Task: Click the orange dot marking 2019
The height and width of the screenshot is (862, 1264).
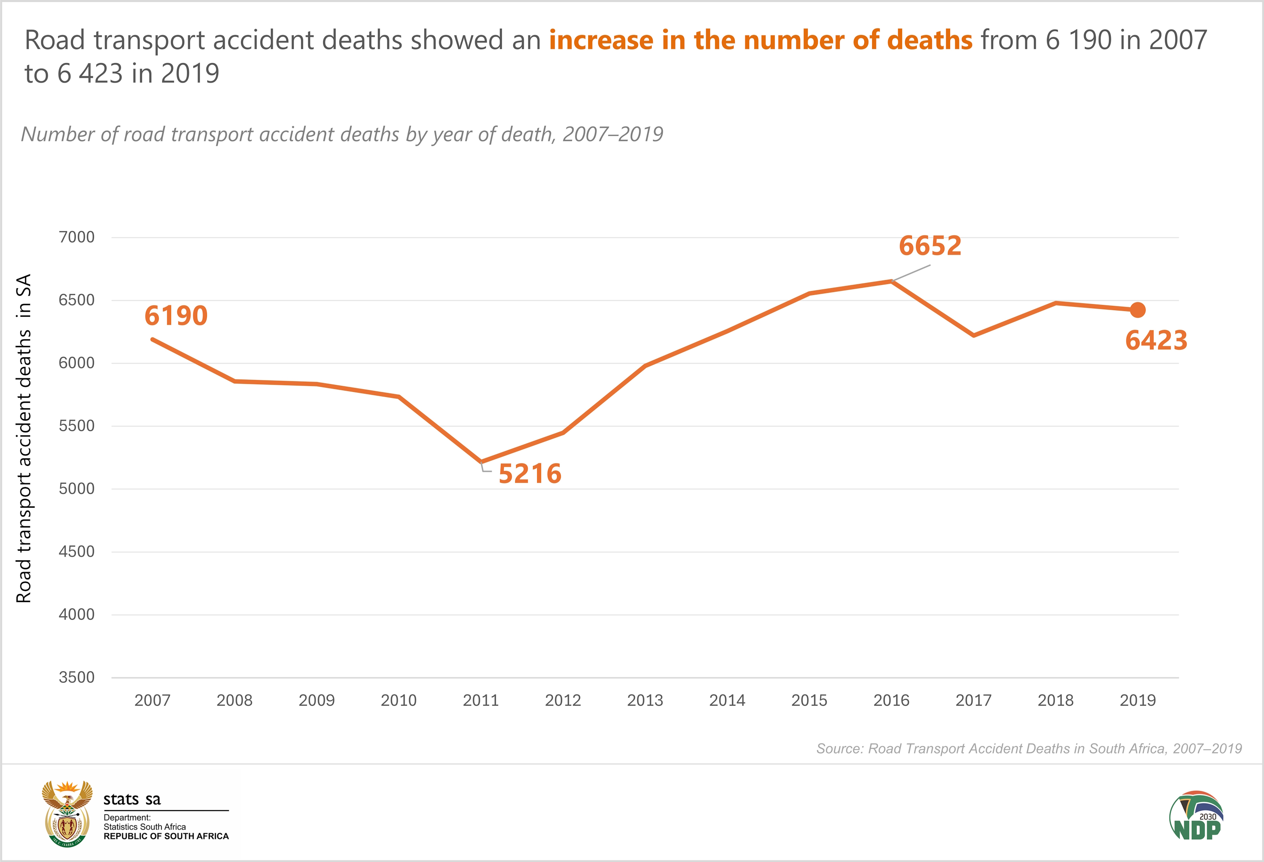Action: tap(1137, 310)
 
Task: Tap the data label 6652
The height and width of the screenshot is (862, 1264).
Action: tap(930, 246)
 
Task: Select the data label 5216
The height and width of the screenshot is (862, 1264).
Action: tap(530, 474)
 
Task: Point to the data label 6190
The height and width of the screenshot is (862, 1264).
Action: tap(176, 316)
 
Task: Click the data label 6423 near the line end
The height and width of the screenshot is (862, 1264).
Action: tap(1156, 340)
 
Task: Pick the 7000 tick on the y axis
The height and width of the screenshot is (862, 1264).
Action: tap(77, 237)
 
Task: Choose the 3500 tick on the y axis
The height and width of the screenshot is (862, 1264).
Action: tap(77, 677)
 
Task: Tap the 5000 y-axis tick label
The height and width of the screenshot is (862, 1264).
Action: tap(77, 489)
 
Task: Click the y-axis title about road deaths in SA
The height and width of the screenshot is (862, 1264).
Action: tap(24, 438)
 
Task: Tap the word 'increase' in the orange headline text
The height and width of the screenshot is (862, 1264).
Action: tap(601, 40)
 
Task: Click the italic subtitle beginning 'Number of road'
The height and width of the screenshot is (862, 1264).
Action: tap(342, 134)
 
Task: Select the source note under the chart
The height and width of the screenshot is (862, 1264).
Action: tap(1029, 749)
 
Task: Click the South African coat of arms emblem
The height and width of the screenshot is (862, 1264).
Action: tap(67, 813)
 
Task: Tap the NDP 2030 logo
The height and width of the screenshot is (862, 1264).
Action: tap(1197, 816)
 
